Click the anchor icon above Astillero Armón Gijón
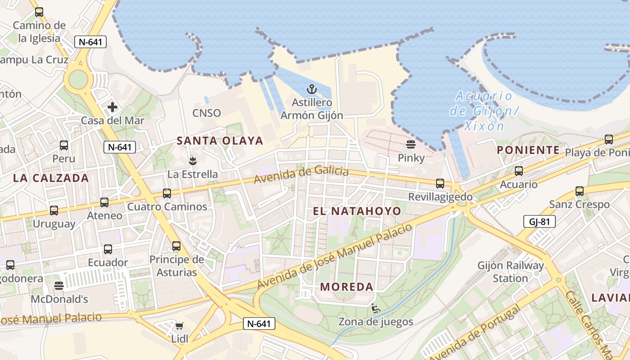(311, 89)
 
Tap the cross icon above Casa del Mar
(112, 107)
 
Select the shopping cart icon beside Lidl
(179, 326)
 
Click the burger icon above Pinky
(410, 144)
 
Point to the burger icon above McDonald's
(58, 285)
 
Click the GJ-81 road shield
(540, 221)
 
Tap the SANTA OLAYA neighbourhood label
(220, 141)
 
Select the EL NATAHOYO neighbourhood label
(357, 211)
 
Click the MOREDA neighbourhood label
(346, 287)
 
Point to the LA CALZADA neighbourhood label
(51, 178)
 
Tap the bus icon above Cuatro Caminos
(167, 193)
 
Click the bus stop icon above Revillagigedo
(440, 184)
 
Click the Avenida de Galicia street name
(301, 175)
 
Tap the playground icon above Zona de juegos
(375, 308)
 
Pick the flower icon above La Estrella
(193, 160)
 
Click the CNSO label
(207, 113)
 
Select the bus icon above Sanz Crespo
(580, 191)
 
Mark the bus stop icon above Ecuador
(108, 249)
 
